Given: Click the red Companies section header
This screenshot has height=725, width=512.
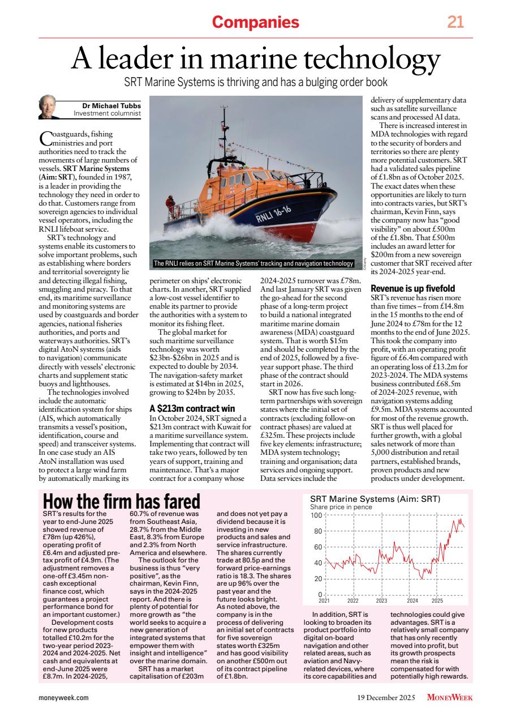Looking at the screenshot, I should pos(255,22).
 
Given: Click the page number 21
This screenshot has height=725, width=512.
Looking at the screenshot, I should pos(455,22).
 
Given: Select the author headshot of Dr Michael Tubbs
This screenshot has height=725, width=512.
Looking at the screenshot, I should pos(48,107).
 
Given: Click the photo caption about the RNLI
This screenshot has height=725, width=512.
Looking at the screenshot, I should pos(254,263).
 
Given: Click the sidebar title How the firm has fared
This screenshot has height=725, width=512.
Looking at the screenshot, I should pos(122,501).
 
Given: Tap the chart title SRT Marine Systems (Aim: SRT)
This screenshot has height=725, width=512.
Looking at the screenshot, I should pos(375,499).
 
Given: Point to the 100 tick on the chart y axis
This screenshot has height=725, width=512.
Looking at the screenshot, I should pos(316,515).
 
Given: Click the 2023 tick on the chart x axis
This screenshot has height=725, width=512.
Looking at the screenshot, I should pos(381,600).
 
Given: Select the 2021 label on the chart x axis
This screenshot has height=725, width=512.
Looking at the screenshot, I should pos(324,600).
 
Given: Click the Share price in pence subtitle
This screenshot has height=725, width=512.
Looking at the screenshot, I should pos(341,507).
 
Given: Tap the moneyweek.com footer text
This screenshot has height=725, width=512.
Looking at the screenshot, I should pos(63,697).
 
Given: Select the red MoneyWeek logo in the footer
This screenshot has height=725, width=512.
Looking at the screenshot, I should pos(449,697).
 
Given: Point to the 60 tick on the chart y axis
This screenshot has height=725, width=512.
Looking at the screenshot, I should pos(318,547).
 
